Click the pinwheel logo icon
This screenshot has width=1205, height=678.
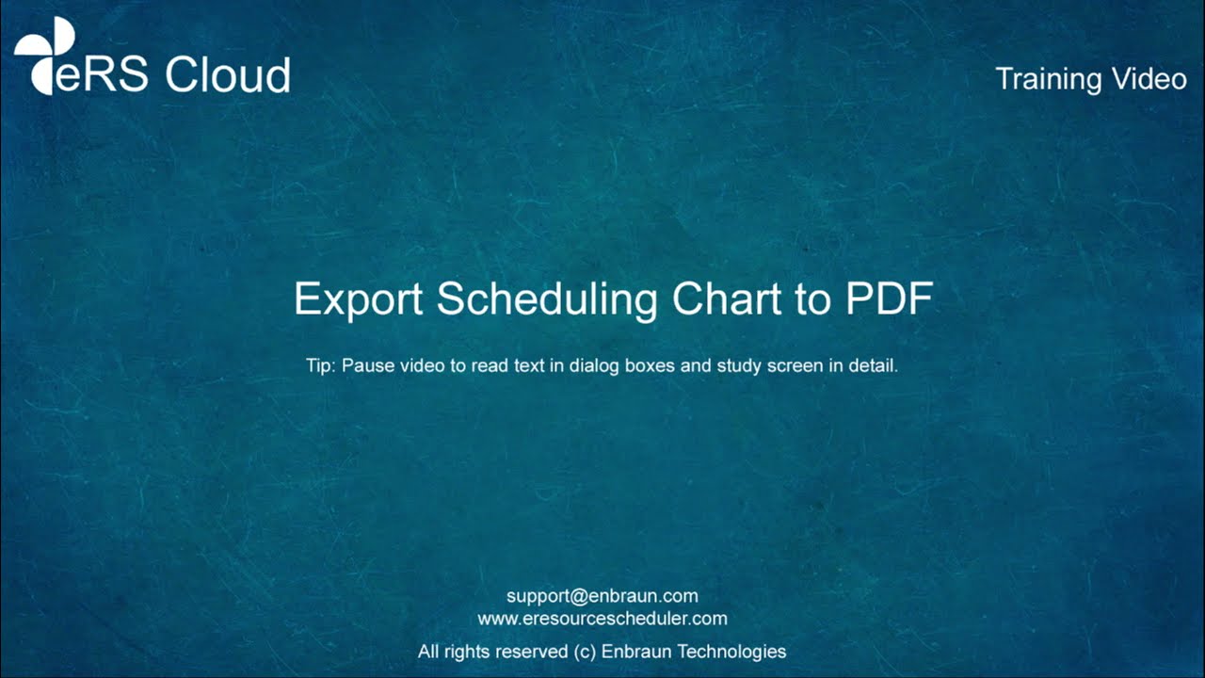coord(43,55)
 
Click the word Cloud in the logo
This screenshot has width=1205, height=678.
coord(228,75)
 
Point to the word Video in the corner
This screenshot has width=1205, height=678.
coord(1149,79)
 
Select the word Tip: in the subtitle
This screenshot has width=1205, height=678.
coord(321,365)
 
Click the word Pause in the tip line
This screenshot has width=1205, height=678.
coord(363,365)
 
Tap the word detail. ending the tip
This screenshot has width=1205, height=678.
coord(873,365)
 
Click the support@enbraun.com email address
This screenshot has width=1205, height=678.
coord(602,596)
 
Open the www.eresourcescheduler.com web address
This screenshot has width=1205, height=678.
coord(602,619)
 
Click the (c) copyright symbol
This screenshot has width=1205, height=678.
coord(585,652)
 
